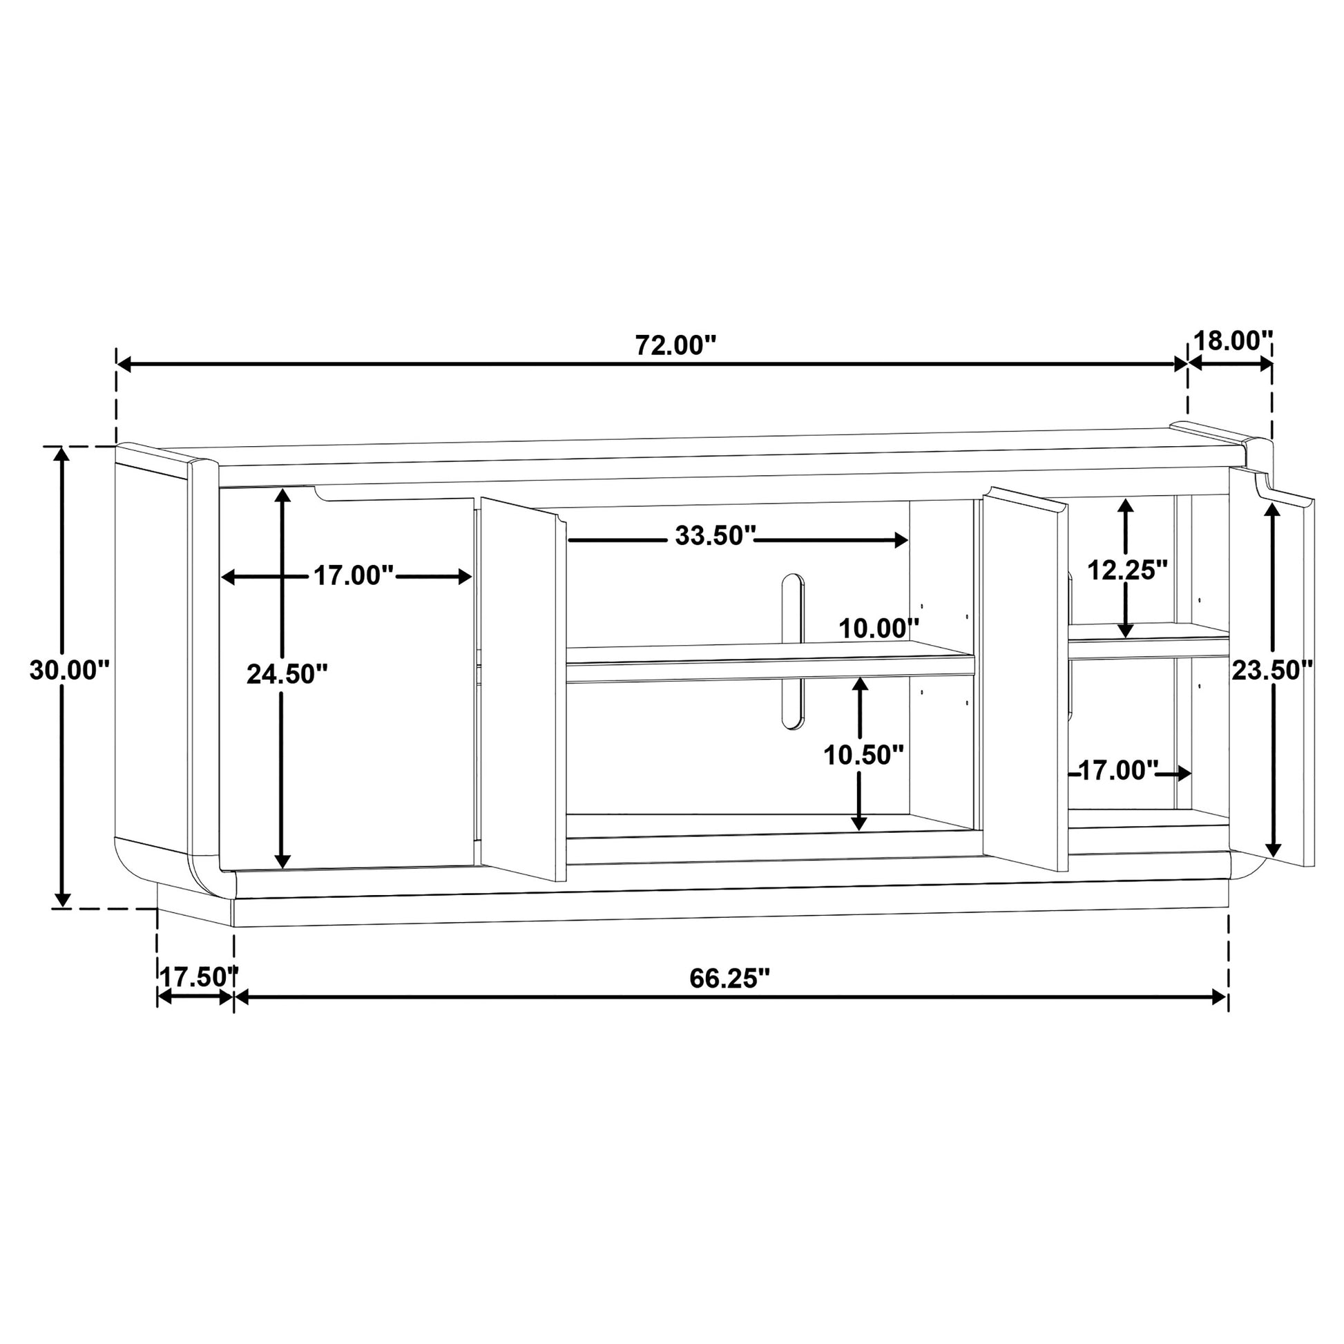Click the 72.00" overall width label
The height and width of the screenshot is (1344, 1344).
675,345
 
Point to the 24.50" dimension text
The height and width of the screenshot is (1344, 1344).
287,674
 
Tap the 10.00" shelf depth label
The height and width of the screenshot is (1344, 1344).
879,629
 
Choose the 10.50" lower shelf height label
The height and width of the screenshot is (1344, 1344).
864,755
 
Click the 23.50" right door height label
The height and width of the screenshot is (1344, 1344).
1272,671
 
